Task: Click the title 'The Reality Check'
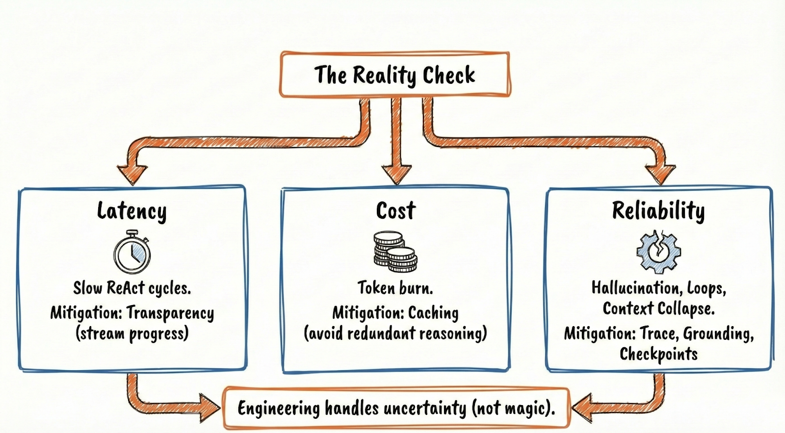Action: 394,75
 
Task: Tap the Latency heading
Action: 131,211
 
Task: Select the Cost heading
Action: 395,210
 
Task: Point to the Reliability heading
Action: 658,210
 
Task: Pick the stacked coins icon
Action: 395,252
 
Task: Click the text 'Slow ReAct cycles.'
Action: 132,288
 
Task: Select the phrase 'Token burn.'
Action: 395,287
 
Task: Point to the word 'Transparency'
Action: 170,313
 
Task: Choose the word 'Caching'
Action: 433,313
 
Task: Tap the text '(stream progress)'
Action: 132,333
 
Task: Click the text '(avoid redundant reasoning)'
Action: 395,333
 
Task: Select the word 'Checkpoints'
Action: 658,354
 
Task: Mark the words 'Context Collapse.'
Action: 658,308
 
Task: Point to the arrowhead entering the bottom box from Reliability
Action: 584,407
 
